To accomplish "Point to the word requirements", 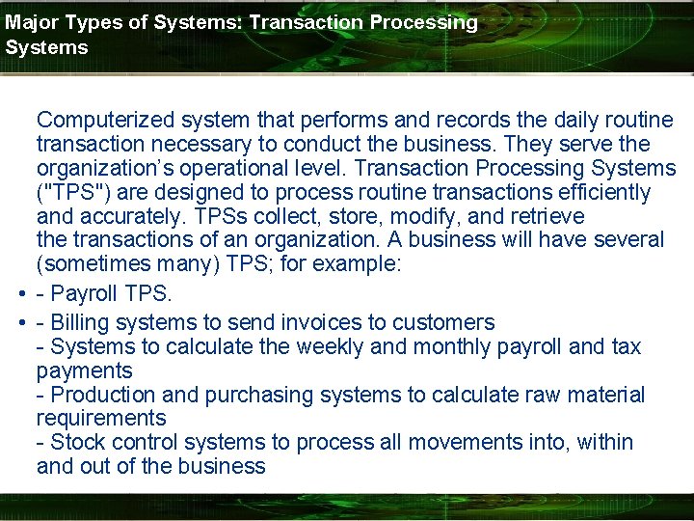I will tap(101, 418).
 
